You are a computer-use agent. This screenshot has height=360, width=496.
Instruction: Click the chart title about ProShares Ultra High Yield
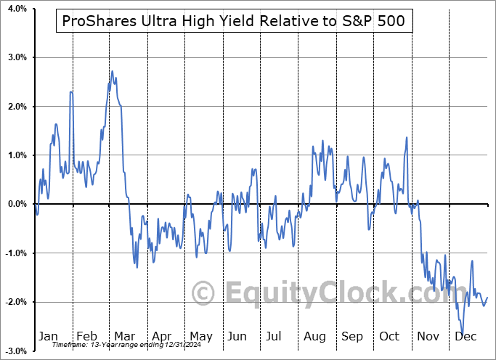[234, 22]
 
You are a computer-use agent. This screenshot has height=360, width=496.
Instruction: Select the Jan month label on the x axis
[48, 336]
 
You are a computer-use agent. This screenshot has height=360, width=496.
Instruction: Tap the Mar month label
[123, 336]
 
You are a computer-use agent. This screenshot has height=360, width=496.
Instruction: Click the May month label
[201, 336]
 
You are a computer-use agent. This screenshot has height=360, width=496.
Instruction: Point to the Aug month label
[315, 336]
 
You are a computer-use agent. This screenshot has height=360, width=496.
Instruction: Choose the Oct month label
[390, 336]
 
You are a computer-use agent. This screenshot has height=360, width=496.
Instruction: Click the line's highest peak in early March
[112, 71]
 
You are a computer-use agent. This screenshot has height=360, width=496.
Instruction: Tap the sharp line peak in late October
[407, 137]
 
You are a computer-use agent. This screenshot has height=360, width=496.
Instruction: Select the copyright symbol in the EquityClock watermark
[204, 293]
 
